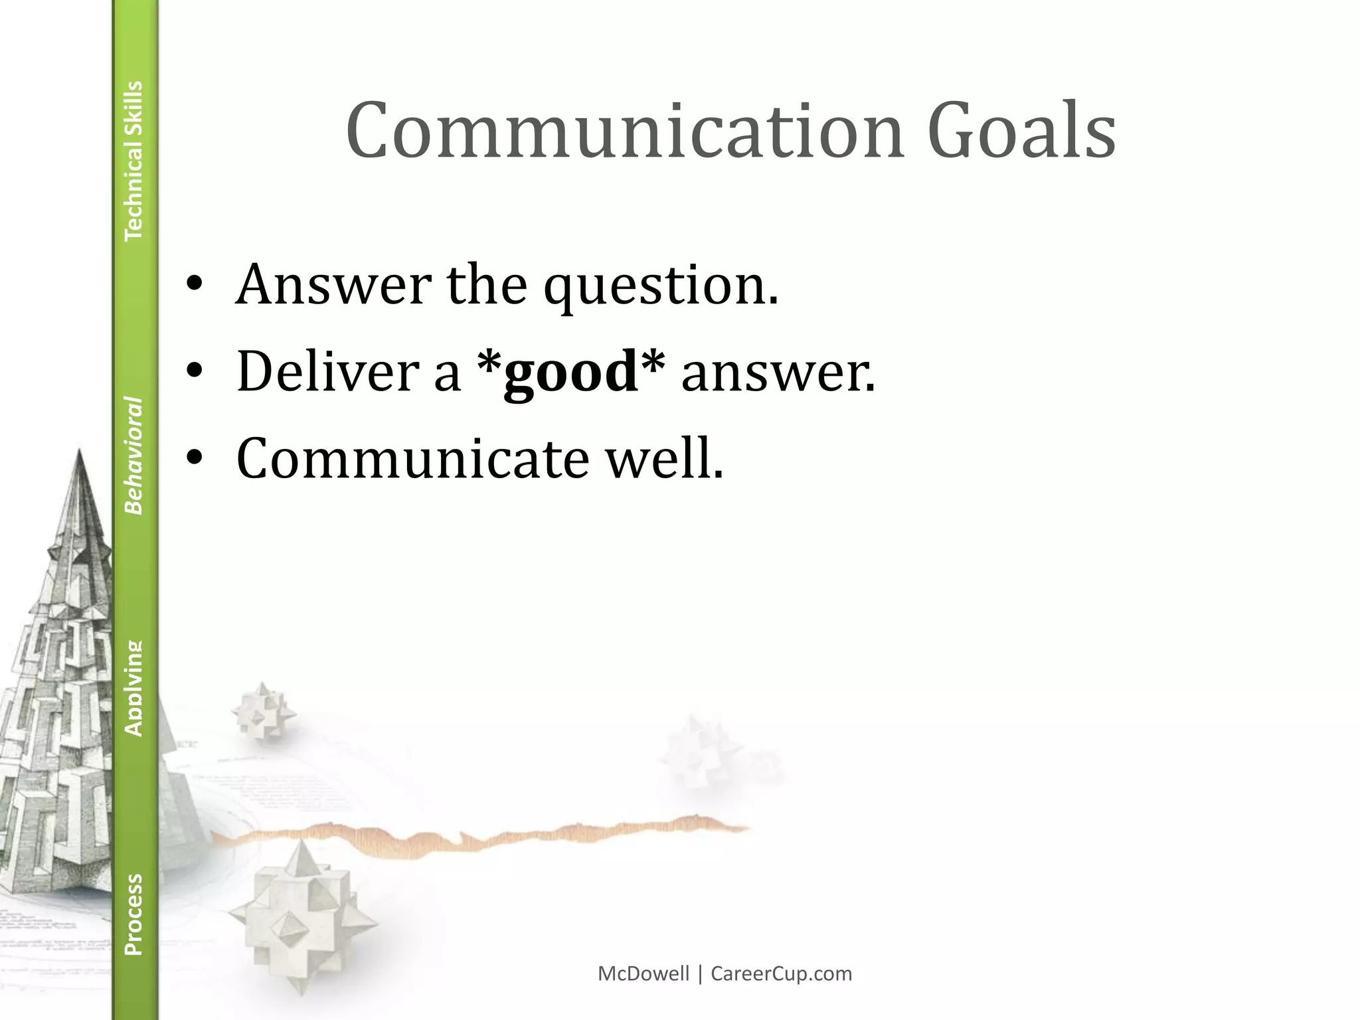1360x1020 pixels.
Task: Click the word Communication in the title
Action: tap(624, 131)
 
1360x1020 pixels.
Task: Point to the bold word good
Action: tap(570, 371)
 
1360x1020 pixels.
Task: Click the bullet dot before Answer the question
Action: tap(194, 286)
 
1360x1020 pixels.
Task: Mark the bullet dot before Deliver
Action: tap(194, 373)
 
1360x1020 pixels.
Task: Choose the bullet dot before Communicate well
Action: tap(194, 459)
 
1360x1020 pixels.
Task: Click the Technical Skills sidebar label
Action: tap(133, 160)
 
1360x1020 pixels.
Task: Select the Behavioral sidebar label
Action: tap(133, 456)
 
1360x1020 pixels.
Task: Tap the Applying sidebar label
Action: tap(133, 688)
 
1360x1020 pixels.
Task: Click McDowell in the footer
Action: tap(643, 974)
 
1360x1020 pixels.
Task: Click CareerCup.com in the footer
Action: tap(781, 974)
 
